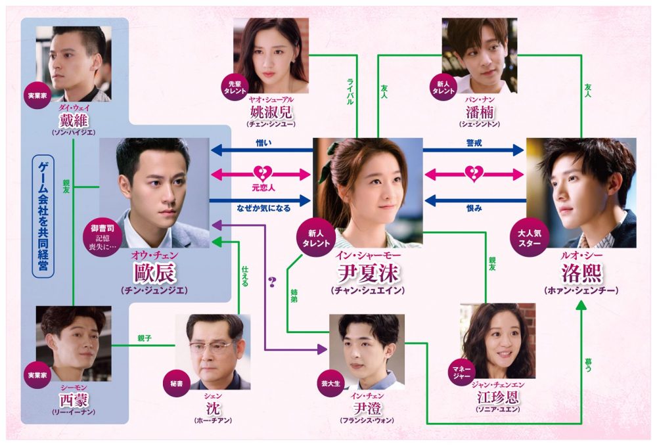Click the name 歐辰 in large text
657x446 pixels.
coord(154,273)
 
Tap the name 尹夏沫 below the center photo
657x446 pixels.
coord(368,273)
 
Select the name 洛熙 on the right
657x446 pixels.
coord(581,273)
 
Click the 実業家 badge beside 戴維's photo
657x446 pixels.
coord(37,95)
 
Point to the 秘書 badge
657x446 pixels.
coord(176,383)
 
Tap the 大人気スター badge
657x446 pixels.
coord(529,238)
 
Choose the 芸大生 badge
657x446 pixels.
coord(330,383)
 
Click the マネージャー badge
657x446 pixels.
coord(461,372)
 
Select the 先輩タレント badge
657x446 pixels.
coord(235,87)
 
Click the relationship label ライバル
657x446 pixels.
coord(350,91)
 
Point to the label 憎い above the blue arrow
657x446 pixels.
coord(263,143)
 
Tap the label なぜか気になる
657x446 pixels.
coord(263,208)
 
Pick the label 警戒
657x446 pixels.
coord(474,143)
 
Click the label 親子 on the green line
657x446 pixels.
coord(144,338)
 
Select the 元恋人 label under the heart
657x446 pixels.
coord(263,188)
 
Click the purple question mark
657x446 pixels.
coord(273,282)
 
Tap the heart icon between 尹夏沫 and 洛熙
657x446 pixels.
coord(474,173)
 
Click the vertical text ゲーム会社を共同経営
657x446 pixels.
coord(43,217)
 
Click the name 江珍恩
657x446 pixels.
coord(498,397)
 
